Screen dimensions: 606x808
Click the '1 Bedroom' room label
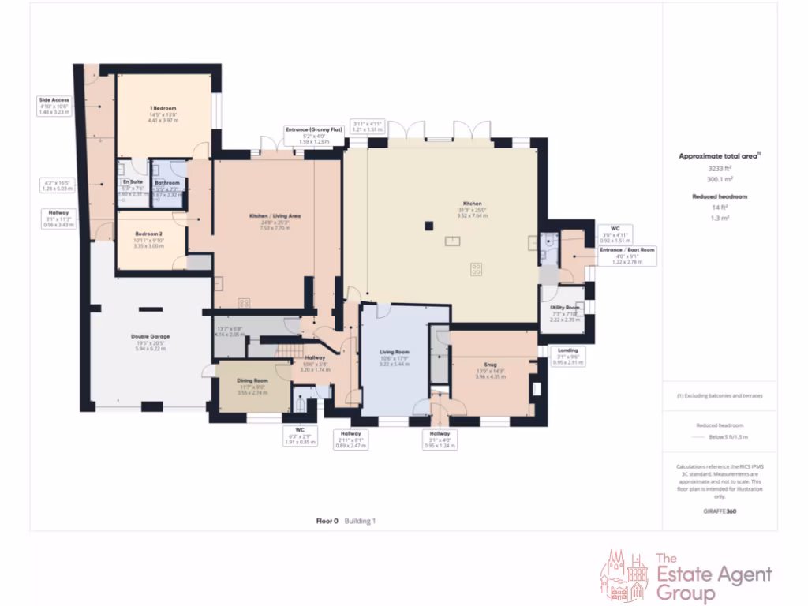pyautogui.click(x=163, y=108)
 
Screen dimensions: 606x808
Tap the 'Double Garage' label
pyautogui.click(x=150, y=336)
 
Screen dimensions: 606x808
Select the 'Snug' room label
pyautogui.click(x=490, y=365)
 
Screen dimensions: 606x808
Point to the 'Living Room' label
pyautogui.click(x=395, y=352)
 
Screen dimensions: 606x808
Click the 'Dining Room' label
pyautogui.click(x=252, y=381)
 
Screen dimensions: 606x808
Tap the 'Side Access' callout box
pyautogui.click(x=54, y=106)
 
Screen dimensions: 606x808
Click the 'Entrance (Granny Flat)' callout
pyautogui.click(x=314, y=135)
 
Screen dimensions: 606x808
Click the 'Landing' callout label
pyautogui.click(x=567, y=350)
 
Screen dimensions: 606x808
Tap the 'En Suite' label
pyautogui.click(x=133, y=181)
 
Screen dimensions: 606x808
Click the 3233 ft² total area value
pyautogui.click(x=719, y=168)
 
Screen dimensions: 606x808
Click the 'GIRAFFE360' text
pyautogui.click(x=719, y=511)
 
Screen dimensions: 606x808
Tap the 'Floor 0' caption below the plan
pyautogui.click(x=327, y=521)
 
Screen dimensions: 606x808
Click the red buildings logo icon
pyautogui.click(x=625, y=577)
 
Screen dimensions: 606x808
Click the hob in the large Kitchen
pyautogui.click(x=477, y=270)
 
